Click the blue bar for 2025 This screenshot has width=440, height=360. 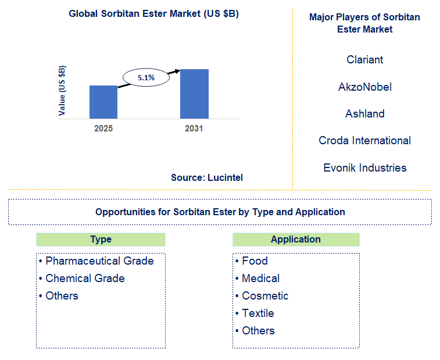click(x=103, y=102)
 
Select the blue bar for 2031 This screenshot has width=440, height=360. click(x=194, y=94)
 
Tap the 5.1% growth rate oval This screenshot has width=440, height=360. click(x=146, y=77)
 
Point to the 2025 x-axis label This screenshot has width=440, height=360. click(x=103, y=129)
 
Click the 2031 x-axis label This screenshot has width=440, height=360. click(x=194, y=129)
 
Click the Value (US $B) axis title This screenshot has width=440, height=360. click(x=62, y=91)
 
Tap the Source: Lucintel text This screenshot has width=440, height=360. click(x=207, y=178)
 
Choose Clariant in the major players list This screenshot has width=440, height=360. click(x=364, y=60)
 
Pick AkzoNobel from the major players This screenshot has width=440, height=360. click(x=364, y=87)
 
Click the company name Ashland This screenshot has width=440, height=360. click(x=364, y=114)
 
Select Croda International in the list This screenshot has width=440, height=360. click(x=364, y=141)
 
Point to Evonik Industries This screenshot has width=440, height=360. click(x=364, y=168)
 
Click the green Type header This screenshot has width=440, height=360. click(x=101, y=240)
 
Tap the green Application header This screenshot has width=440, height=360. click(x=295, y=240)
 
